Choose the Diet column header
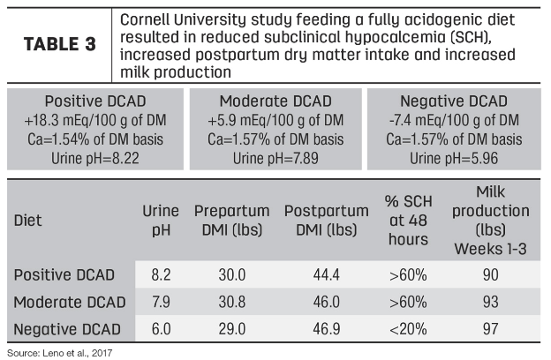(x=29, y=222)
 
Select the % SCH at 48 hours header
(x=405, y=222)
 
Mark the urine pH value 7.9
(x=160, y=302)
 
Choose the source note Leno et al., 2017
(x=60, y=352)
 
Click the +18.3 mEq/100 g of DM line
(x=91, y=120)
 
